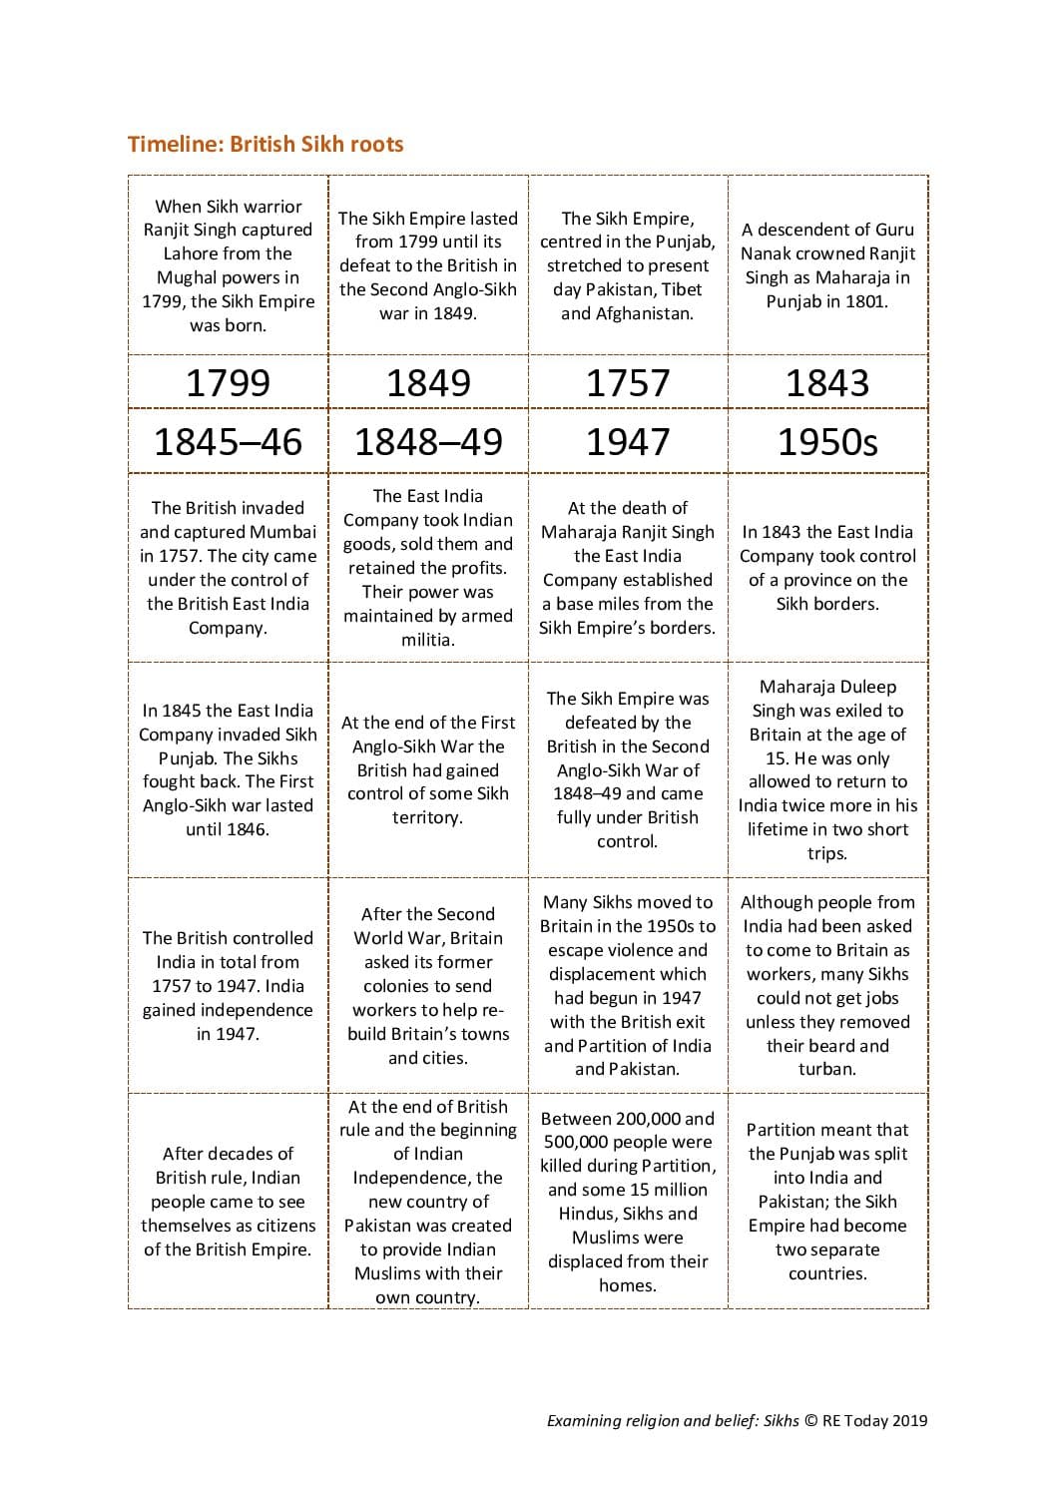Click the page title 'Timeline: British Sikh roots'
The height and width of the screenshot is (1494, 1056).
point(265,144)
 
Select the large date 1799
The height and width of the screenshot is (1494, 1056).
point(228,382)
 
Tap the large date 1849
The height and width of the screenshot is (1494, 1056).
point(428,382)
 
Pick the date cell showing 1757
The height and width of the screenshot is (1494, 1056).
point(628,382)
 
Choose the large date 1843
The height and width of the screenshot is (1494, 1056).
point(827,382)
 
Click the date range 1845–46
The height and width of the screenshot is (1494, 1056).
point(228,441)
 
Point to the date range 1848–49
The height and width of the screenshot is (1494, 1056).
point(428,441)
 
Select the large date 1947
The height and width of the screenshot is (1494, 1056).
point(628,441)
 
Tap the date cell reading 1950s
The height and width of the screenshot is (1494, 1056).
point(827,441)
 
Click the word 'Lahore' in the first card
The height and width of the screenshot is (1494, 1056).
point(191,253)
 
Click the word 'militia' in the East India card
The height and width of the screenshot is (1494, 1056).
point(425,640)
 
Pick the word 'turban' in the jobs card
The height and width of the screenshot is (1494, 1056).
point(827,1069)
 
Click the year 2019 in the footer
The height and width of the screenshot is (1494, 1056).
point(909,1420)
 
